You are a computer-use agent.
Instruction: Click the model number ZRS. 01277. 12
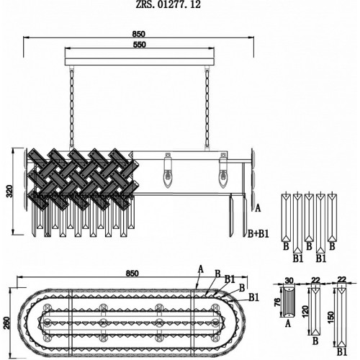[x=168, y=4]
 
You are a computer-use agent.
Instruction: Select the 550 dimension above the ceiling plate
[x=139, y=45]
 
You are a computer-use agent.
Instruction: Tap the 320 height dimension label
[x=9, y=191]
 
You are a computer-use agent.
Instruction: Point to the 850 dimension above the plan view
[x=132, y=274]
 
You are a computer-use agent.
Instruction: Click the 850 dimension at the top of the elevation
[x=138, y=34]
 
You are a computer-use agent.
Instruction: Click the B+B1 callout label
[x=258, y=233]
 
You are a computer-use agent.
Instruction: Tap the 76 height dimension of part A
[x=277, y=302]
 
